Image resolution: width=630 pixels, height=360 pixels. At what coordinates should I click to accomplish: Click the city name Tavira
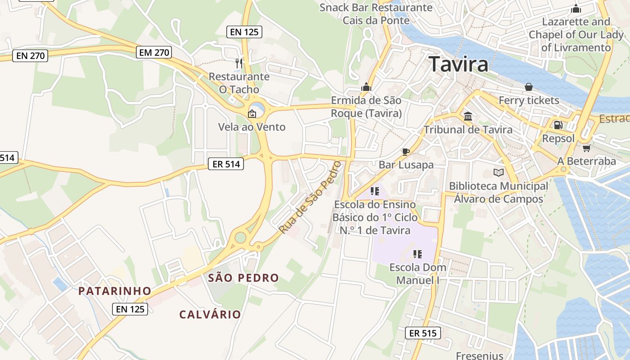458,64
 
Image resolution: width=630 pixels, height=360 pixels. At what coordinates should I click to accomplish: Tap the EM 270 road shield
154,53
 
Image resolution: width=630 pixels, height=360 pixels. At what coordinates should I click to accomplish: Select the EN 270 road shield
30,56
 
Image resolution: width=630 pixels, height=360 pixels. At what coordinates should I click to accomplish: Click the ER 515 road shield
423,333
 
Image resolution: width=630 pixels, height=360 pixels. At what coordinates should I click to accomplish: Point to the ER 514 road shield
226,164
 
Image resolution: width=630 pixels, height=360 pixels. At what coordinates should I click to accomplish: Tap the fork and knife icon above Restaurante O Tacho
239,63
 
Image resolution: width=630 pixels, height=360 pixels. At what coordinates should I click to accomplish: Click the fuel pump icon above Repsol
558,125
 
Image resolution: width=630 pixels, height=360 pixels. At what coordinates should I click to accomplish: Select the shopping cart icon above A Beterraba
586,148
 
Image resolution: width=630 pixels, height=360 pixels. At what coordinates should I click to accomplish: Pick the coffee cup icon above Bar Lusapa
405,152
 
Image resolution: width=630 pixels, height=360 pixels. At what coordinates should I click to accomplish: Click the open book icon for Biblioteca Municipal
498,172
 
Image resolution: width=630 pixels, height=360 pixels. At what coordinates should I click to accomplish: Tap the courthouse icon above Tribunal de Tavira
468,117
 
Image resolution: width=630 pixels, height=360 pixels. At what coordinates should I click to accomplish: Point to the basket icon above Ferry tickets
529,87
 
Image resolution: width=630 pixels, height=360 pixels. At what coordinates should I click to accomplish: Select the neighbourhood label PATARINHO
115,291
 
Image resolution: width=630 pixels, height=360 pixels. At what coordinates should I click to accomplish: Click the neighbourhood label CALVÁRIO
210,314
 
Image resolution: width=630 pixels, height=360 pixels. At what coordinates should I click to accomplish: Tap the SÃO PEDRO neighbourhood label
243,278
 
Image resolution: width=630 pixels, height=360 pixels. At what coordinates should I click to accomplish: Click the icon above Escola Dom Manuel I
418,254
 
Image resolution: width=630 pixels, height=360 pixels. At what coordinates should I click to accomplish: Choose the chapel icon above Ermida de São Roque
366,87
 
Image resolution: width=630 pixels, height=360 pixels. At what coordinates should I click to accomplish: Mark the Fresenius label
479,355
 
